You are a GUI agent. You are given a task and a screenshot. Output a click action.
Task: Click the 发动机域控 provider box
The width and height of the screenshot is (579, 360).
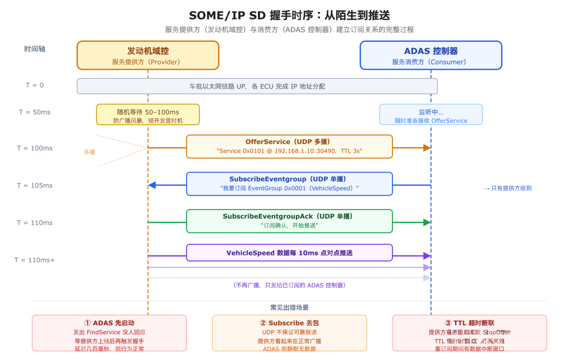tap(147, 55)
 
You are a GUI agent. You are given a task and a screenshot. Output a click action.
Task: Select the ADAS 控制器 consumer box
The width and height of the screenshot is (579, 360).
tap(430, 55)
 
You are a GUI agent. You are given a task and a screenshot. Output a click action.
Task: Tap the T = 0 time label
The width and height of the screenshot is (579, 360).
tap(35, 85)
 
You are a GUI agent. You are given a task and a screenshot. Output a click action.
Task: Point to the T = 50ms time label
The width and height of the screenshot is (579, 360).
tap(35, 112)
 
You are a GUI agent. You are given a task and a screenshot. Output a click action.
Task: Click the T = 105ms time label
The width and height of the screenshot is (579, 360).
tap(35, 185)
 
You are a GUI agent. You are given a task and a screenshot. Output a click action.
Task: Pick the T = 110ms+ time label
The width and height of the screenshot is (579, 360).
tap(35, 260)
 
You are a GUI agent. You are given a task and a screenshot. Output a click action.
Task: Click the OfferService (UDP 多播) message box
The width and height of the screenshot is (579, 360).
tap(289, 146)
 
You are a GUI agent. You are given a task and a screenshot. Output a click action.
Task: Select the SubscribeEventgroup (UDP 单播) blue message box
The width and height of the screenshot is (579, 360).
tap(289, 183)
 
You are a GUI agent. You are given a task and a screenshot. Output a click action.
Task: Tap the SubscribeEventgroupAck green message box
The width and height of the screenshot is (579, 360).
tap(289, 221)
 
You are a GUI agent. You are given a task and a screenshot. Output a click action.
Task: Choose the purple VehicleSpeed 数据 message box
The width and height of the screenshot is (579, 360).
tap(289, 253)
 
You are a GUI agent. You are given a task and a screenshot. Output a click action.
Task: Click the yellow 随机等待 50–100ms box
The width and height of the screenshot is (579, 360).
tap(147, 115)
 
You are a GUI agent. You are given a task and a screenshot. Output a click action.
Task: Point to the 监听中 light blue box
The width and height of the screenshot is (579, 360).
tap(430, 115)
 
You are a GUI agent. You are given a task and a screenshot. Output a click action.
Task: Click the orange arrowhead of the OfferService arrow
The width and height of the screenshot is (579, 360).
tap(427, 148)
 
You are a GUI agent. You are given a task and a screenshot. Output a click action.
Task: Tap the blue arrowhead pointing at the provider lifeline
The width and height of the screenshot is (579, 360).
tap(152, 185)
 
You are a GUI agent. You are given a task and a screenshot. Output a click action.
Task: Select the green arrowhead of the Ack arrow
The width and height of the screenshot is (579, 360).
tap(427, 222)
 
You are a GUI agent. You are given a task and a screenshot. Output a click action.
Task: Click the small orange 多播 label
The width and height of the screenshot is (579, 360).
tap(89, 152)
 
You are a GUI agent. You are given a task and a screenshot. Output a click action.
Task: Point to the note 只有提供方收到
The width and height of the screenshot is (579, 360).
tap(507, 188)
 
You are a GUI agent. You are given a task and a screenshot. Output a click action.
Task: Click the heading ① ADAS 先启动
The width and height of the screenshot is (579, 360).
tap(109, 323)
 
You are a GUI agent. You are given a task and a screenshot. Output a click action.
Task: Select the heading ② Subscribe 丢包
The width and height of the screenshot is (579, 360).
tap(289, 323)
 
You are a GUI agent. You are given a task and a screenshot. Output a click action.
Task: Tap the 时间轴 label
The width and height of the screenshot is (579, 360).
tap(35, 49)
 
